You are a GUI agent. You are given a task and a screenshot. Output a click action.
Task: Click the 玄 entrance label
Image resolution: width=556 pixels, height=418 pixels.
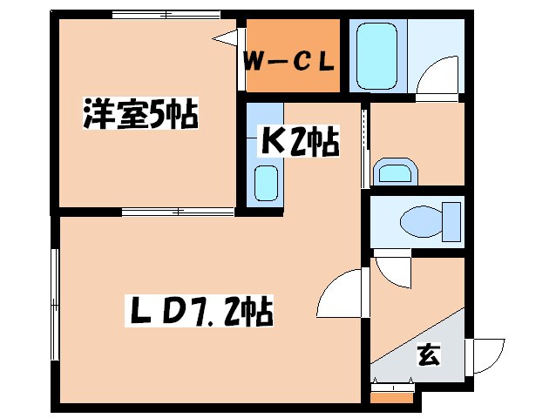427,354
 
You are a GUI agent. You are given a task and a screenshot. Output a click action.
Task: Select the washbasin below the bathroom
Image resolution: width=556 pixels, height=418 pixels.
393,172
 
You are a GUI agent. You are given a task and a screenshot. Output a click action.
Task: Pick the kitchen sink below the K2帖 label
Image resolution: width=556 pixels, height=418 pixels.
266,183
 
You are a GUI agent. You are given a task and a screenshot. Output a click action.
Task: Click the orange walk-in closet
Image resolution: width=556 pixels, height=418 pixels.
291,57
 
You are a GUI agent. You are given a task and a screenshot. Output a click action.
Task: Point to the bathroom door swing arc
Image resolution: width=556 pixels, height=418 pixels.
436,84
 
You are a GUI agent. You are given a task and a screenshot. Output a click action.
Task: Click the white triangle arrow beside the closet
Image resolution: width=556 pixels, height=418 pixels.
227,37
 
